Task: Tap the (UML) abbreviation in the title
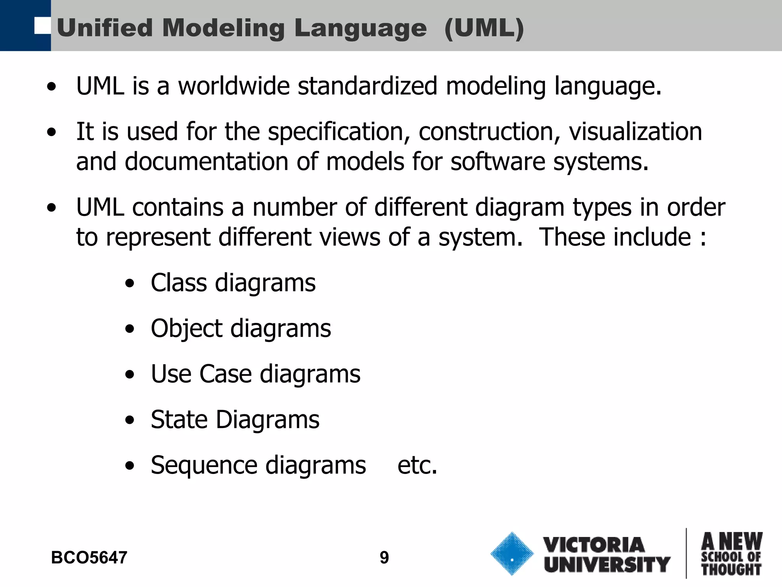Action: tap(484, 29)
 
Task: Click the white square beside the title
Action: tap(42, 26)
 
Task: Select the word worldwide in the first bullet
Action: tap(234, 86)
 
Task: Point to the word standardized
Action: tap(367, 86)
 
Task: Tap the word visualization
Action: tap(635, 131)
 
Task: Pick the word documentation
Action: tap(207, 161)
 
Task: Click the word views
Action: tap(350, 237)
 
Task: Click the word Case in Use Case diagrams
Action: tap(226, 374)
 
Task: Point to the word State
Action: tap(179, 420)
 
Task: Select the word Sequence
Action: tap(204, 465)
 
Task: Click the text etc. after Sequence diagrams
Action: tap(417, 465)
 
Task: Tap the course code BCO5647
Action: tap(89, 558)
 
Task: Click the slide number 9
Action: tap(384, 558)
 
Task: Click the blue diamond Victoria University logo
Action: tap(512, 554)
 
